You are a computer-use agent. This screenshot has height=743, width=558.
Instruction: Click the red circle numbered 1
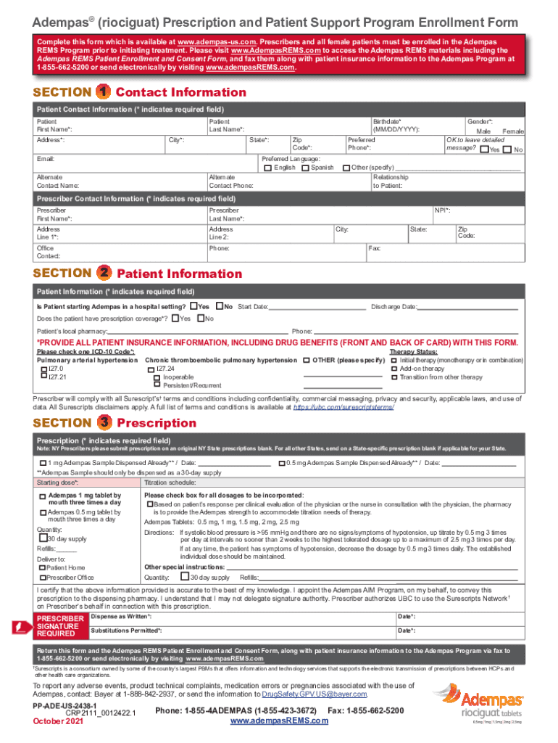pos(104,92)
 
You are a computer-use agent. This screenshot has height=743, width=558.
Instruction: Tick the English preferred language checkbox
pos(267,168)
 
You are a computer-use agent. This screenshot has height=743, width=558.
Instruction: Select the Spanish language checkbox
pos(305,168)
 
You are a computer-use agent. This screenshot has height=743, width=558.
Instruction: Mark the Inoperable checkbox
pos(157,377)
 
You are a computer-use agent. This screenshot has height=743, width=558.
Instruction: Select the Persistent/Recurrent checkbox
pos(157,386)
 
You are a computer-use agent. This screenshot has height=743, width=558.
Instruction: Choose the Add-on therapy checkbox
pos(394,369)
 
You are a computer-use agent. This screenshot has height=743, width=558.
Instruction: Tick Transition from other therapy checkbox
pos(394,377)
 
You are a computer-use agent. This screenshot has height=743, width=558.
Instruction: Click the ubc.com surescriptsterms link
pos(343,408)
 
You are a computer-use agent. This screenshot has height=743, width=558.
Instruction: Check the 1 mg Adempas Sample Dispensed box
pos(43,463)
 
